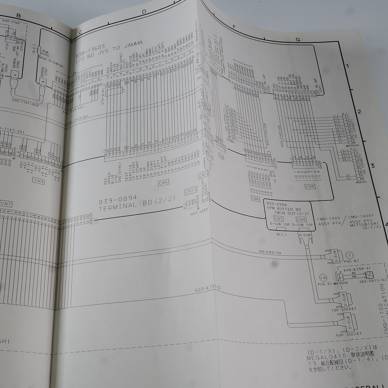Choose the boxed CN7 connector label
(6, 203)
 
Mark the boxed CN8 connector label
(310, 186)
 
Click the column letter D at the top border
(144, 12)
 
